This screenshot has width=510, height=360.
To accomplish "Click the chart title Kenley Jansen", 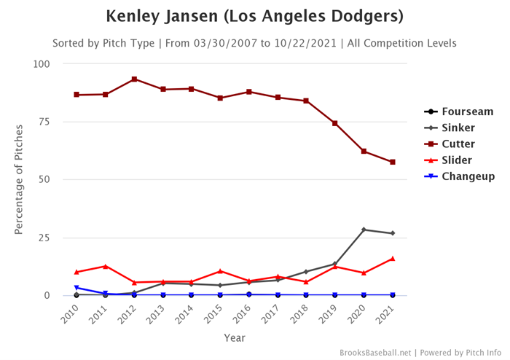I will click(254, 16).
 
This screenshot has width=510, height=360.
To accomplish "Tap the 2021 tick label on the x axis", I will click(391, 316).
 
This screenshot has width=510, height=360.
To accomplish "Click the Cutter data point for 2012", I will click(134, 79).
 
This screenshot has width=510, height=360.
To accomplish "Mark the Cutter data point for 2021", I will click(393, 162).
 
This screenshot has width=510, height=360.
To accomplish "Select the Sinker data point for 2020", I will click(364, 230).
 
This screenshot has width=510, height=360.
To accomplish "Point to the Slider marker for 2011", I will click(106, 266).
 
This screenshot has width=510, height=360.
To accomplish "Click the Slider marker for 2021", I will click(393, 258).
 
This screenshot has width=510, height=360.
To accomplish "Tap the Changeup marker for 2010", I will click(76, 288).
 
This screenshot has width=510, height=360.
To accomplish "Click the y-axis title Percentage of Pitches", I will click(20, 179).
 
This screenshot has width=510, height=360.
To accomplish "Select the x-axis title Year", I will click(235, 338).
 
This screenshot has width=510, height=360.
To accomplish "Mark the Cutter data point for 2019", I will click(335, 123).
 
